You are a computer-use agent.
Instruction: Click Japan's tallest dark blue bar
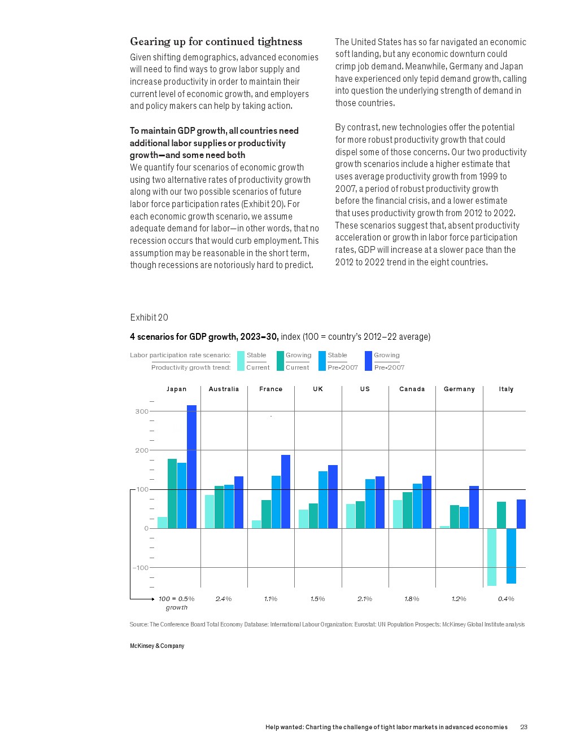[x=191, y=467]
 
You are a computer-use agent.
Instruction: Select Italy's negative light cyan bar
[x=492, y=557]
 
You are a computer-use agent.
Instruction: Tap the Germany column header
[x=459, y=389]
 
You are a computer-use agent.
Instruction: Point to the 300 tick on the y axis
[x=142, y=411]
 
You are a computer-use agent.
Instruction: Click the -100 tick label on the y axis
[x=140, y=568]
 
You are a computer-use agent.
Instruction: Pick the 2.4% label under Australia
[x=224, y=599]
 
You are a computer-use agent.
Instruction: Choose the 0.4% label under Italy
[x=506, y=599]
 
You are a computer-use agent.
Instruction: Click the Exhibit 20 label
[x=149, y=317]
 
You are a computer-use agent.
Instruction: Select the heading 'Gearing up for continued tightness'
[x=216, y=41]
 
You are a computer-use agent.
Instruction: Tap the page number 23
[x=523, y=727]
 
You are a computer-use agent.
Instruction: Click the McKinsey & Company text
[x=157, y=646]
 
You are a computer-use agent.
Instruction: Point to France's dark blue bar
[x=286, y=492]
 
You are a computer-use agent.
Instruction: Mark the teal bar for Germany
[x=455, y=516]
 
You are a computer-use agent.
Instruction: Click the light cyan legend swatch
[x=241, y=361]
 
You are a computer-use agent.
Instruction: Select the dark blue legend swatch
[x=368, y=361]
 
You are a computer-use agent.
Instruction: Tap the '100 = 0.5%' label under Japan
[x=176, y=599]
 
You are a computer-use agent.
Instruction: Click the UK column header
[x=318, y=389]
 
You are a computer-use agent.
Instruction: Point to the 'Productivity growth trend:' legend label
[x=191, y=367]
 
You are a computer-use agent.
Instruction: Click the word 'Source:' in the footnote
[x=139, y=624]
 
